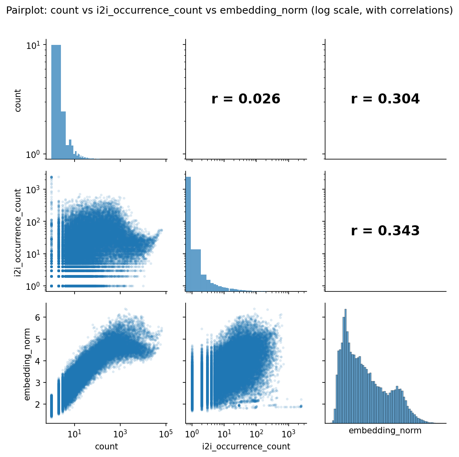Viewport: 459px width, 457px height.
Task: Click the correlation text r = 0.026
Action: [x=246, y=99]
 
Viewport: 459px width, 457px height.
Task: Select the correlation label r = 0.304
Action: [x=385, y=99]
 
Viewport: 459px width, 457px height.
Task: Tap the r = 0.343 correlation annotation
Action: [x=385, y=231]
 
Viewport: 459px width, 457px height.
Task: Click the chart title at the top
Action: [x=229, y=10]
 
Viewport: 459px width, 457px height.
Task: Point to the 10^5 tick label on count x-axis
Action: [x=165, y=433]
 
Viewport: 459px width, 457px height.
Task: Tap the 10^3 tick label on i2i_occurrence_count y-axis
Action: [x=33, y=190]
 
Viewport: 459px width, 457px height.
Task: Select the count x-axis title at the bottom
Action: [x=107, y=447]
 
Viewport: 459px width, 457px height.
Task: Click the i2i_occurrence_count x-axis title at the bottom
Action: [x=246, y=447]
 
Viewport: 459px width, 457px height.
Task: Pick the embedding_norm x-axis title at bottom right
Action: [x=385, y=431]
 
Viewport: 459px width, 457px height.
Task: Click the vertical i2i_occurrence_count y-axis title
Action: [x=18, y=233]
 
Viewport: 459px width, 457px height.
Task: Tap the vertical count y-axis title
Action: [x=18, y=100]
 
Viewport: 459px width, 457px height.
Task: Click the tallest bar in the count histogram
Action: [x=56, y=102]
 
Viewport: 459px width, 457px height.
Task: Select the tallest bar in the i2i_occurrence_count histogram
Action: [x=188, y=234]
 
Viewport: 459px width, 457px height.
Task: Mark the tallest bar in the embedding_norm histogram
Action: [x=346, y=366]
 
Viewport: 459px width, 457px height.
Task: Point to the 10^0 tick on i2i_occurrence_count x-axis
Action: [x=192, y=433]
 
